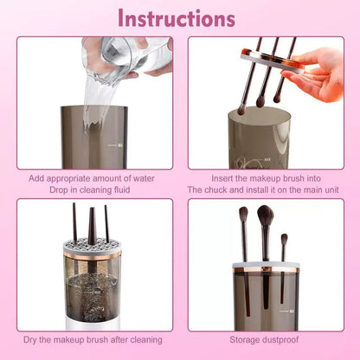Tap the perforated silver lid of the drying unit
pos(93,247)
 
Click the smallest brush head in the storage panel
pos(284,241)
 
